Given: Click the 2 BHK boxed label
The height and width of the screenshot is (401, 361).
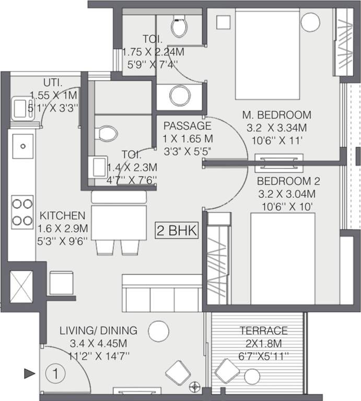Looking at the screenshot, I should tap(178, 230).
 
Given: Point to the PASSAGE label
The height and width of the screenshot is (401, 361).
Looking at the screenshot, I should tap(187, 126).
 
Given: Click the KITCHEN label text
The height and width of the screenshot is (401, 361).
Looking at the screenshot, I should tap(62, 216).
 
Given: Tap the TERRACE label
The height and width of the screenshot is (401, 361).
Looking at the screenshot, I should tap(263, 331).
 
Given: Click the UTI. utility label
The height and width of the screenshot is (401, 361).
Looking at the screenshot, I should tap(53, 82).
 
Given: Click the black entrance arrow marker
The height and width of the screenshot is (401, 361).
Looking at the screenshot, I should tap(29, 373).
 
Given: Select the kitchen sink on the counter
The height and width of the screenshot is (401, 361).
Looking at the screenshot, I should tap(22, 146).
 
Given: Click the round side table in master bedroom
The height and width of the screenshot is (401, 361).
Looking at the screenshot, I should tap(311, 22).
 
